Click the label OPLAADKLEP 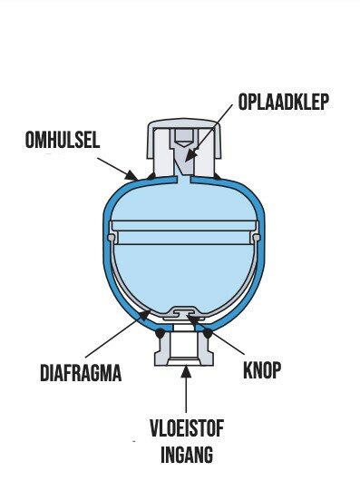tap(283, 102)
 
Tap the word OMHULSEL tap(63, 140)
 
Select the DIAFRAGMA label tap(81, 373)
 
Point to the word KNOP tap(262, 370)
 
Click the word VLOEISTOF tap(187, 428)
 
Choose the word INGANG tap(187, 455)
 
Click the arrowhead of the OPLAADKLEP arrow tap(190, 156)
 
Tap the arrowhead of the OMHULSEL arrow tap(131, 175)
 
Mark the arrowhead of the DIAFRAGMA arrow tap(144, 314)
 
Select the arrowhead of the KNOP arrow tap(191, 319)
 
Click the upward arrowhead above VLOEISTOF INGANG tap(187, 372)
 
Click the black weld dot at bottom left tap(161, 332)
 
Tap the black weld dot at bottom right tap(208, 333)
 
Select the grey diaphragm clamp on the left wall tap(112, 237)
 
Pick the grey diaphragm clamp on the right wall tap(256, 237)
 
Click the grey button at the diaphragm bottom tap(183, 312)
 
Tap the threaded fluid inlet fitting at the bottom tap(184, 349)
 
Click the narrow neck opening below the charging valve tap(184, 180)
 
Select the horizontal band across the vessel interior tap(184, 226)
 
